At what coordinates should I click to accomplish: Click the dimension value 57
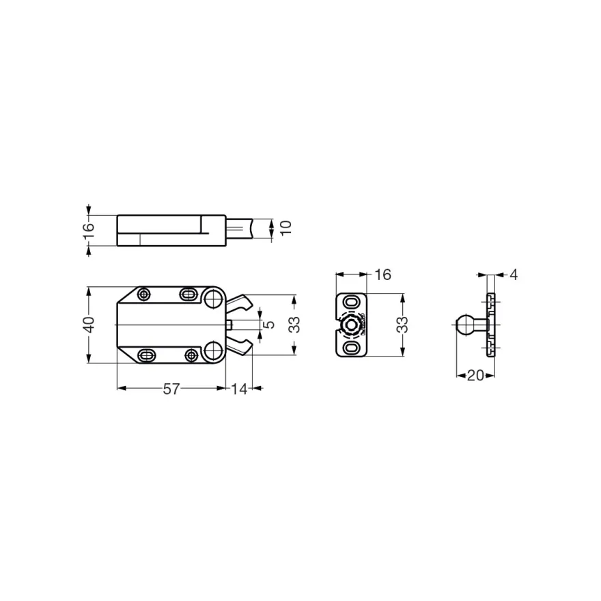pos(171,389)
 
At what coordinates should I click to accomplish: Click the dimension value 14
pos(239,389)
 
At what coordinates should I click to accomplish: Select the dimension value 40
pos(89,324)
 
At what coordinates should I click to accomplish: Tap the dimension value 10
pos(286,227)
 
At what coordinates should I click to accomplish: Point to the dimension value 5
pos(270,324)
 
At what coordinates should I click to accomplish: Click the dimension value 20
pos(475,375)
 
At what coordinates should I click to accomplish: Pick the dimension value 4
pos(514,275)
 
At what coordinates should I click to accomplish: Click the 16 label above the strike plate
pos(382,275)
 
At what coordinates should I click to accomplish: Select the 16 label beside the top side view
pos(89,231)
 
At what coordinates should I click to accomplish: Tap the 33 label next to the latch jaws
pos(295,324)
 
